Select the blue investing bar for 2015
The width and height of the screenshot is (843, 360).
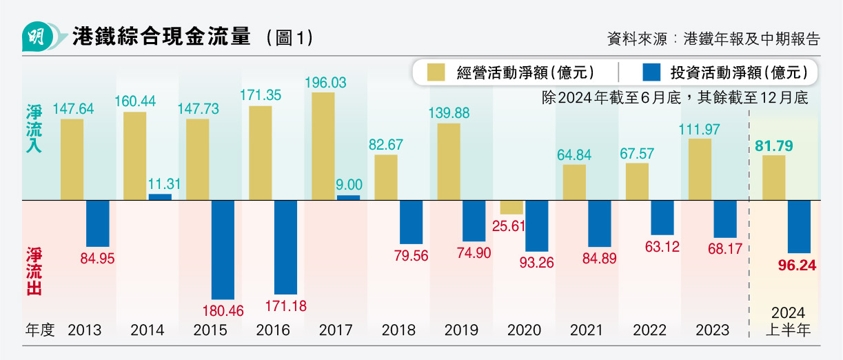(223, 249)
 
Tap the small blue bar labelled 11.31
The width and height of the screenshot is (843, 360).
(160, 197)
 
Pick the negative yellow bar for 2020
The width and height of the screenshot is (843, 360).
(511, 208)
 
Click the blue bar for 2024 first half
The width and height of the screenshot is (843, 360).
(799, 227)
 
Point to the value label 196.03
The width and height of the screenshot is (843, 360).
(325, 83)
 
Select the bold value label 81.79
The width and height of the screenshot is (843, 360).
(774, 146)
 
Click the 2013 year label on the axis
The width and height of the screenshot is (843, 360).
(84, 330)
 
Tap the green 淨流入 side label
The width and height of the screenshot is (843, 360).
(34, 129)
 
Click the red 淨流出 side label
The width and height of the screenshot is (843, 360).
(34, 272)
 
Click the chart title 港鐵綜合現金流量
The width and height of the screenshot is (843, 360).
(161, 38)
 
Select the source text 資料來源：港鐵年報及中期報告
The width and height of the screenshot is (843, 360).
(713, 39)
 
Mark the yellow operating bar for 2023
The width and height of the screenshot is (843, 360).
(700, 170)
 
